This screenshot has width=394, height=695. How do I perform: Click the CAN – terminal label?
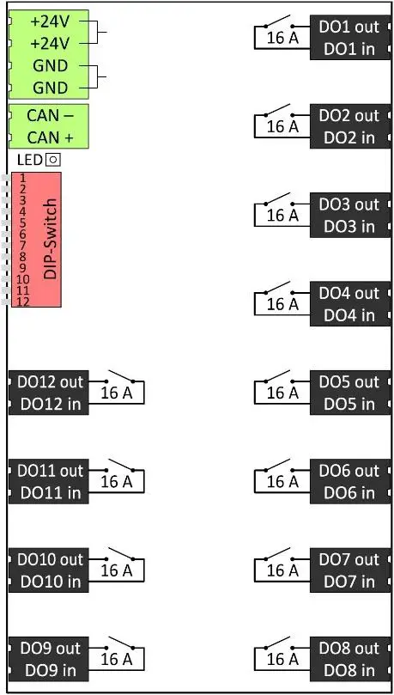click(x=50, y=115)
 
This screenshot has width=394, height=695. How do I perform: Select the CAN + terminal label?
click(x=50, y=137)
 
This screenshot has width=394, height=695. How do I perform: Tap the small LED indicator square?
click(x=53, y=160)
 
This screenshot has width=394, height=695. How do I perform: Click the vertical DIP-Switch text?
click(x=50, y=239)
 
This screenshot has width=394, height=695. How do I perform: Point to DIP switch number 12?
click(x=22, y=301)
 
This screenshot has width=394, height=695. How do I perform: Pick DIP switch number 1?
click(x=22, y=177)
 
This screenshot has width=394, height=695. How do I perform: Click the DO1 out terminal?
click(x=349, y=27)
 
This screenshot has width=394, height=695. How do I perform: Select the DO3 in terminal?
click(x=349, y=227)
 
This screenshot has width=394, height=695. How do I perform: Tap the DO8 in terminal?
click(x=349, y=671)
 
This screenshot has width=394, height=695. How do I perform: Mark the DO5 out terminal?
click(x=349, y=381)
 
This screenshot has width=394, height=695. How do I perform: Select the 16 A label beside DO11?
click(x=117, y=482)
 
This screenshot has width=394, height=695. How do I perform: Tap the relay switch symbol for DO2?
click(x=278, y=111)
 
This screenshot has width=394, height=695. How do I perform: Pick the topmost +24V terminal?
click(x=50, y=21)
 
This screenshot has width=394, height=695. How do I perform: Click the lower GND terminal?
click(x=50, y=88)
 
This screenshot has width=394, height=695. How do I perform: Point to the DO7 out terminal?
click(x=349, y=559)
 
